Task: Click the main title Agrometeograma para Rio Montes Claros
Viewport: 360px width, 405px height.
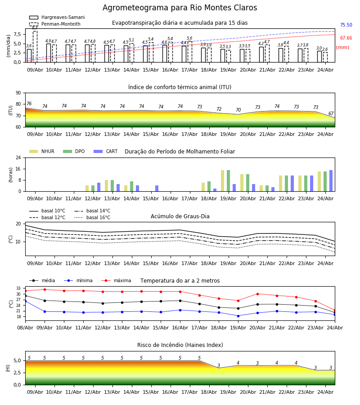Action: (180, 8)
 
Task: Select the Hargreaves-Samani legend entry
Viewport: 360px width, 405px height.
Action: (57, 17)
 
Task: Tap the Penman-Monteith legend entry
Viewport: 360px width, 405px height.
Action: (55, 24)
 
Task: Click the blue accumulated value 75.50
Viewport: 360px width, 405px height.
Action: (346, 25)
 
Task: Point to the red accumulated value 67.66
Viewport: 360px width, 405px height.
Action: (346, 38)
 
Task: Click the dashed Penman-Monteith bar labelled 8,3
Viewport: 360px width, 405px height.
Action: (35, 47)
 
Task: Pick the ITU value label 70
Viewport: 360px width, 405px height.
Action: (238, 110)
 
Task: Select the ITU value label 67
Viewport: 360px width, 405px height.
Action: (331, 114)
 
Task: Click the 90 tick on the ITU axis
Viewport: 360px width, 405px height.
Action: (18, 93)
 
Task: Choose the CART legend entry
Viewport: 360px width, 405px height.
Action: (106, 151)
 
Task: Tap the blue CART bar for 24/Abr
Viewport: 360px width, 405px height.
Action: (331, 181)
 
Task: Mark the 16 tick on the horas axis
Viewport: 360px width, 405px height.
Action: (18, 169)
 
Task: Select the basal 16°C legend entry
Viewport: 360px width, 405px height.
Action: (92, 217)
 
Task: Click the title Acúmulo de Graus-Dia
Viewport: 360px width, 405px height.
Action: (180, 216)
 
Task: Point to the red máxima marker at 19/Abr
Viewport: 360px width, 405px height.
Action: (238, 301)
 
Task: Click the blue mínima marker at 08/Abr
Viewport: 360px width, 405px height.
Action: (25, 301)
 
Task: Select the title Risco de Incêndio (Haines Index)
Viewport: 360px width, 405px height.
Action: (180, 345)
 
